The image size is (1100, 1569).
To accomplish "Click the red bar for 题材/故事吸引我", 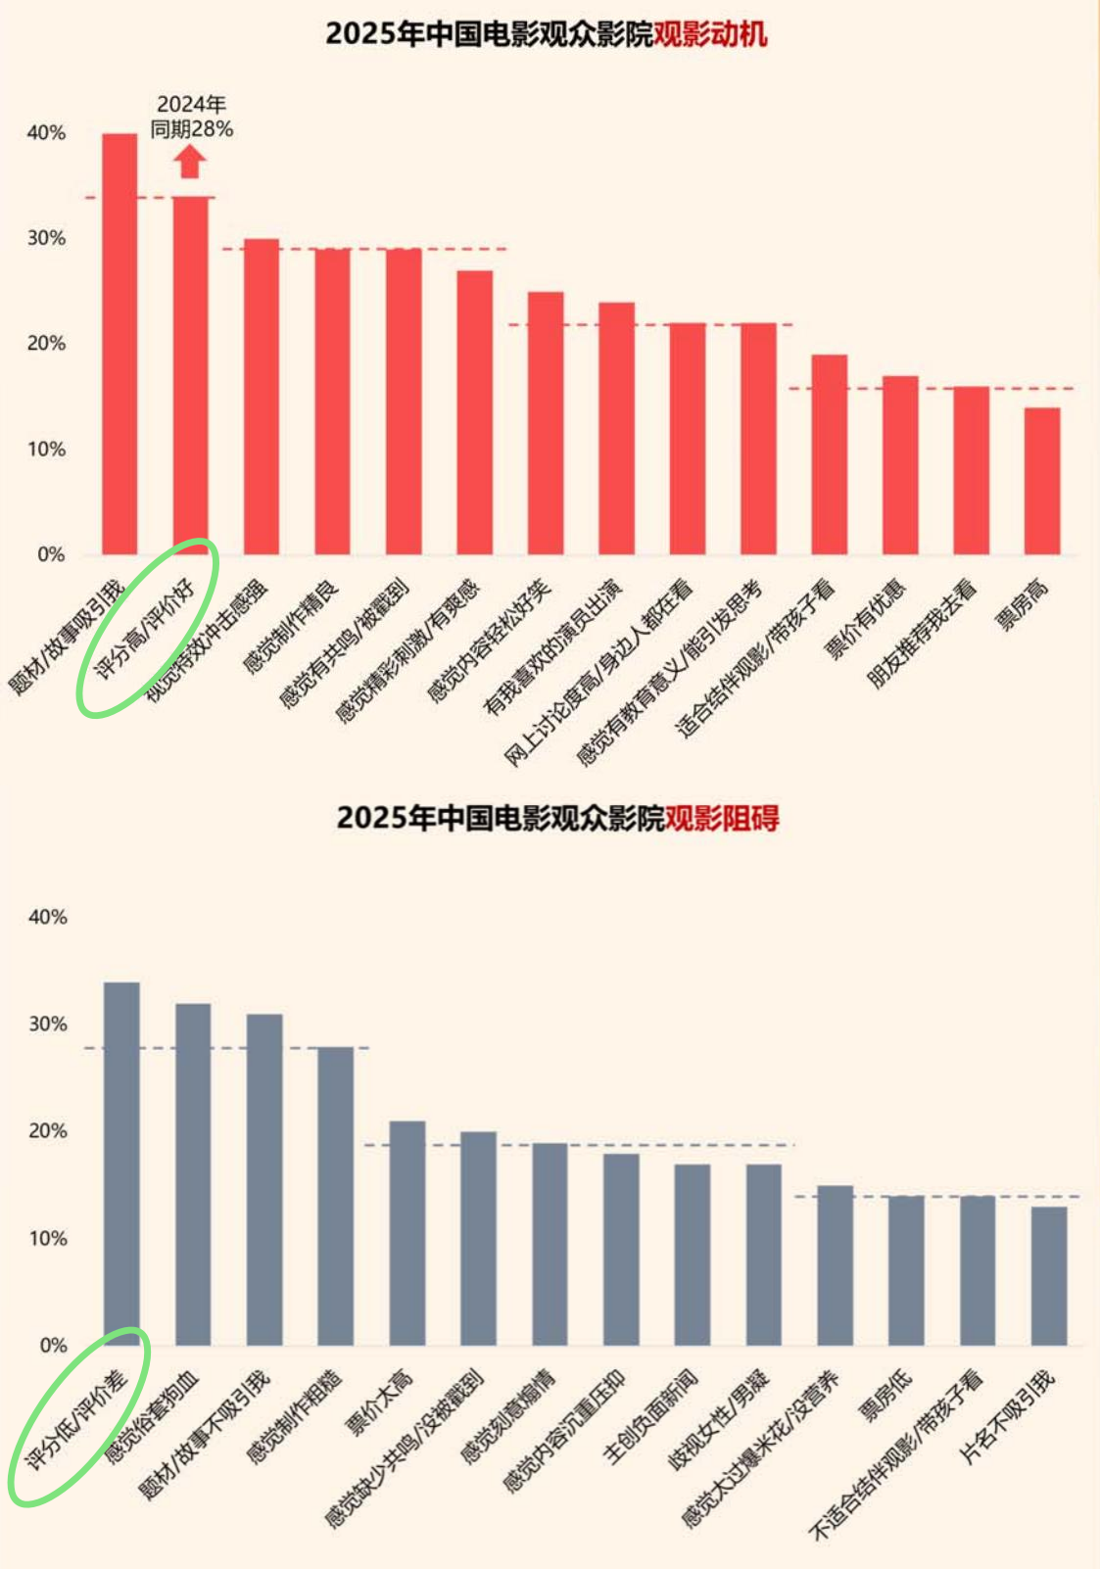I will click(x=120, y=344).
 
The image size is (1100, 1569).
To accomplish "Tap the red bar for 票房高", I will click(x=1042, y=481).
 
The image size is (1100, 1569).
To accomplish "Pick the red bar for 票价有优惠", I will click(x=900, y=465).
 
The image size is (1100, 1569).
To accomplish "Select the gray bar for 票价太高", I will click(x=407, y=1233).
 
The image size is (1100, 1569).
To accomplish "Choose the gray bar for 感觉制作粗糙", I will click(x=336, y=1196).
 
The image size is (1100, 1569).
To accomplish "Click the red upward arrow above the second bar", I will click(x=191, y=162).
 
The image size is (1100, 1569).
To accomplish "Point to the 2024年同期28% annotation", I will click(x=192, y=117).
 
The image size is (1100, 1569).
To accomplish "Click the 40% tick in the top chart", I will click(x=46, y=133).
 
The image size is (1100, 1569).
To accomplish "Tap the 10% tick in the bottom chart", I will click(x=47, y=1238).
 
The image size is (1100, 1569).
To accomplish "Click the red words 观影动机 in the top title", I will click(x=710, y=34).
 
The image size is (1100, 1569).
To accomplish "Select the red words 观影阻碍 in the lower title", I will click(x=722, y=818).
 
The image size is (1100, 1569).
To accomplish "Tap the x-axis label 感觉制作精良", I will click(x=292, y=625).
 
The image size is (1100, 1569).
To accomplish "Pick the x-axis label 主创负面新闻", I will click(x=650, y=1416).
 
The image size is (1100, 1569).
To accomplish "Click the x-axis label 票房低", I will click(x=886, y=1395).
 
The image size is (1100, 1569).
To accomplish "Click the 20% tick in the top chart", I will click(x=46, y=344).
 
